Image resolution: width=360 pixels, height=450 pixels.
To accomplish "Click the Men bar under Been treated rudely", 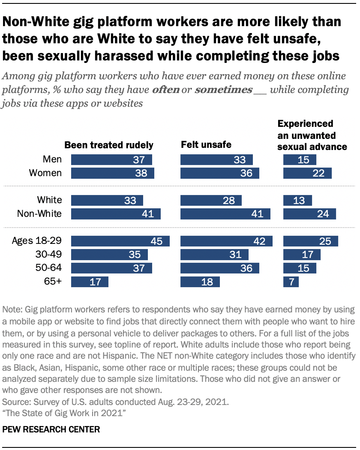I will tap(111, 160).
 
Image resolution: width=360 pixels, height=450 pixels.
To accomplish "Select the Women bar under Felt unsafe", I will tap(220, 173).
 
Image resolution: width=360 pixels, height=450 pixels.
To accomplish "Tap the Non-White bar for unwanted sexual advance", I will tap(309, 214).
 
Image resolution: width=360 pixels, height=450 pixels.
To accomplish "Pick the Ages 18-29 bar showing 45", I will tap(120, 241).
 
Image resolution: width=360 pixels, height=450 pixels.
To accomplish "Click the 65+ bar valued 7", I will tap(291, 282).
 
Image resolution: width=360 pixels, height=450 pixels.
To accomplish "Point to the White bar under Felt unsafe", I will tap(211, 200).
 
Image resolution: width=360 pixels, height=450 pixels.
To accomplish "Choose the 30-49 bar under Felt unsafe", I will tap(214, 255).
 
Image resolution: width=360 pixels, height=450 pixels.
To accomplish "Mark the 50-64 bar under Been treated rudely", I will tap(111, 268).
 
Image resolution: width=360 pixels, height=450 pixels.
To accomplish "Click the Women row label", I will tap(45, 173).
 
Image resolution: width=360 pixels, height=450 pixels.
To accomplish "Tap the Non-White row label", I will tap(39, 214).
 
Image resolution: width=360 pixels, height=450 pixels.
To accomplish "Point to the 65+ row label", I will tap(53, 282).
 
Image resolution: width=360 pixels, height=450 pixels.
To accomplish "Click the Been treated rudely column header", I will tap(108, 145).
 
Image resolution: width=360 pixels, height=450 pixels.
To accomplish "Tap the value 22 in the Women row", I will tap(324, 173).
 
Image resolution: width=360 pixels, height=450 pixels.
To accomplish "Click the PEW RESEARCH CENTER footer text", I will tap(51, 429).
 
